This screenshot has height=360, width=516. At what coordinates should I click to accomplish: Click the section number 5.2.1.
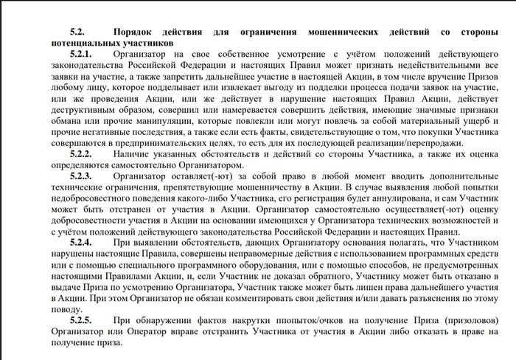click(81, 55)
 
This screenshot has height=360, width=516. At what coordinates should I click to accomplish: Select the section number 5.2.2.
click(81, 154)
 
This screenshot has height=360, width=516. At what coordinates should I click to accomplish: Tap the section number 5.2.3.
click(81, 176)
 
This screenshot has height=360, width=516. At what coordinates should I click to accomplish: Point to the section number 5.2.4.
click(81, 242)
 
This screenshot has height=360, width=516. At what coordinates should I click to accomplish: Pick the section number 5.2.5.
click(81, 319)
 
